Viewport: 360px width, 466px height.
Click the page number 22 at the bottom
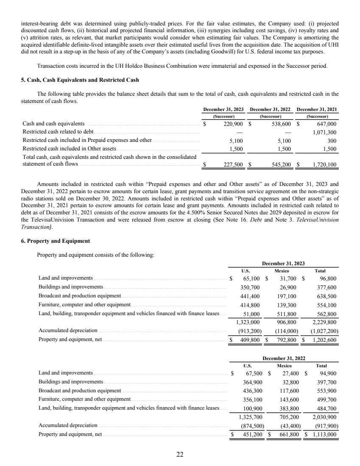pyautogui.click(x=180, y=455)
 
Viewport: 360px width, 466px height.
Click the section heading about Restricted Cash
pyautogui.click(x=80, y=80)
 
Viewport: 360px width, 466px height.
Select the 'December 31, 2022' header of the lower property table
pyautogui.click(x=284, y=358)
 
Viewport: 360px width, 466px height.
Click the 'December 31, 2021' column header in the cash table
pyautogui.click(x=317, y=109)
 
